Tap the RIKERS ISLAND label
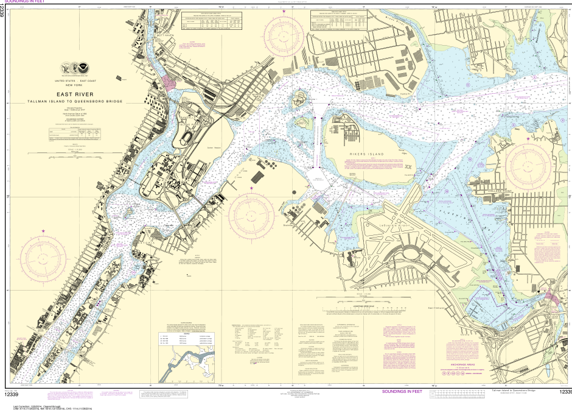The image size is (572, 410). coord(367,155)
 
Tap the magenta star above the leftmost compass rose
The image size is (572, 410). coord(43,230)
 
